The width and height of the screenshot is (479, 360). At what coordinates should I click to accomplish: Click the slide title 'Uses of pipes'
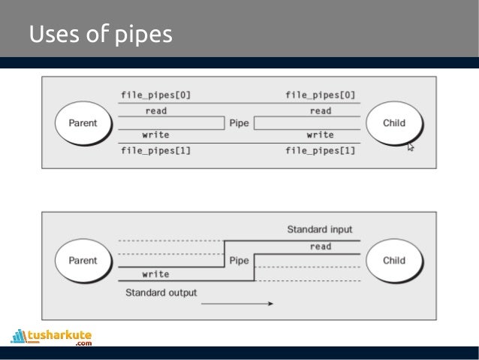(x=100, y=35)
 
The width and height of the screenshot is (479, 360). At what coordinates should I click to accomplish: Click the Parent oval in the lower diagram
(x=83, y=261)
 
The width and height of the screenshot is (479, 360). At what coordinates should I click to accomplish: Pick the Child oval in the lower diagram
(x=394, y=261)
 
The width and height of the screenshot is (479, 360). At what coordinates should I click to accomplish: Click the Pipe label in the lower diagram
(x=239, y=261)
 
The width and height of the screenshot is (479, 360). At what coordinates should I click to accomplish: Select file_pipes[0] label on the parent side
(x=155, y=95)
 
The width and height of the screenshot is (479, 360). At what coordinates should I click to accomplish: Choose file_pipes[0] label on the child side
(x=321, y=95)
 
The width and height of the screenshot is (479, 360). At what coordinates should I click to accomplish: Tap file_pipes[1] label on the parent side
(x=155, y=150)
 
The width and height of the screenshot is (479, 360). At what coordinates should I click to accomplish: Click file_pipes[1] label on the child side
(x=321, y=150)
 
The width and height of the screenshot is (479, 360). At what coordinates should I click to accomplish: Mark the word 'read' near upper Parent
(x=155, y=110)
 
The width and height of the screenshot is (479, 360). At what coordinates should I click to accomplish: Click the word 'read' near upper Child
(x=321, y=110)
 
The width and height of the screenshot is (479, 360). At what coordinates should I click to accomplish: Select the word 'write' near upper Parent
(x=155, y=135)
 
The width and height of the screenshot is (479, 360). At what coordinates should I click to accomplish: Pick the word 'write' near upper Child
(x=321, y=135)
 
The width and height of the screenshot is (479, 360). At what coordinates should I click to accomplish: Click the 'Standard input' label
(x=319, y=229)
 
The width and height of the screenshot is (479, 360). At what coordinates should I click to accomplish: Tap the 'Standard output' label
(x=161, y=292)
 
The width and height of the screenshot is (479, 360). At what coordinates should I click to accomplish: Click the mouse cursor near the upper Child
(x=411, y=147)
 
